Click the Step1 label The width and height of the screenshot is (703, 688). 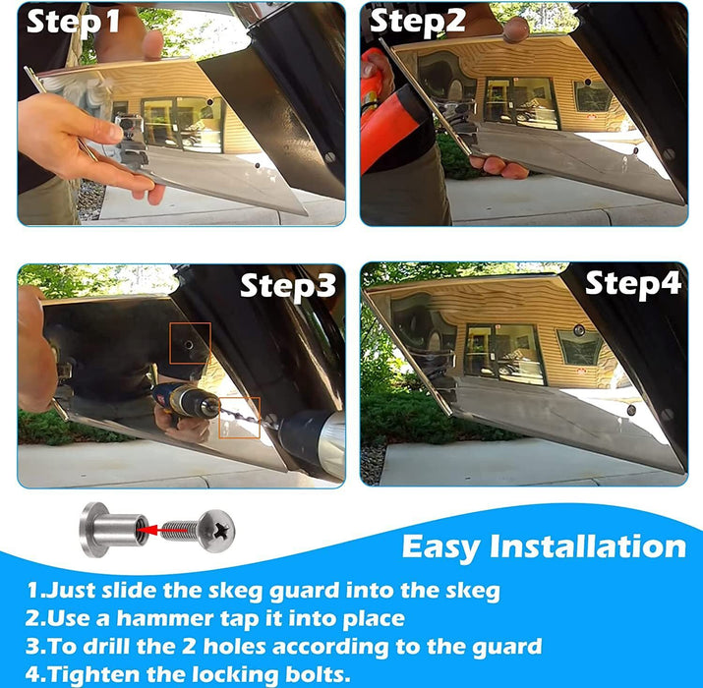coord(73,21)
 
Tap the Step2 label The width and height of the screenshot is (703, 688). coord(418,21)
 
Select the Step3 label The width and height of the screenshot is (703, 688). coord(288,286)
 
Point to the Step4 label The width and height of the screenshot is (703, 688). coord(633,284)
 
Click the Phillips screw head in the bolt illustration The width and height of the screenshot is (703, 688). coord(217,531)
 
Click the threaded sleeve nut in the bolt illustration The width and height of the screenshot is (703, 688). coord(114,530)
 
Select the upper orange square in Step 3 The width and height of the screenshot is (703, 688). coord(190,343)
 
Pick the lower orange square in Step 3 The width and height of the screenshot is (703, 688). coord(240,418)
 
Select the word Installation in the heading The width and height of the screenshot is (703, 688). coord(588,546)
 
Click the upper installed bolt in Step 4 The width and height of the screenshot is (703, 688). coord(579,330)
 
